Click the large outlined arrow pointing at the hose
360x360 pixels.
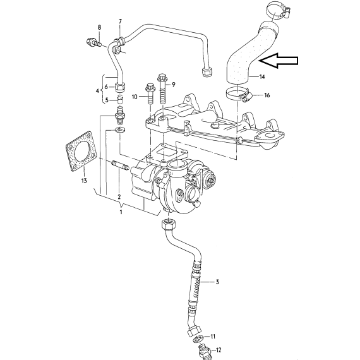click(x=279, y=61)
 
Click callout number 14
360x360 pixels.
click(x=262, y=76)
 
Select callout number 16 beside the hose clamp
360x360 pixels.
click(x=267, y=95)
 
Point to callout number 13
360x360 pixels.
click(x=84, y=181)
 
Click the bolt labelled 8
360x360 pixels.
click(x=94, y=42)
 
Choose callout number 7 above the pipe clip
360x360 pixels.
click(x=120, y=21)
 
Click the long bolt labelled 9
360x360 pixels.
click(x=162, y=90)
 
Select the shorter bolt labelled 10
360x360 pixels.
click(x=150, y=94)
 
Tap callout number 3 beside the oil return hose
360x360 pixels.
click(x=217, y=282)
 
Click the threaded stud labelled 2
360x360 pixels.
click(x=120, y=166)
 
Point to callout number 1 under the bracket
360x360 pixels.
click(x=121, y=212)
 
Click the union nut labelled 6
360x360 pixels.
click(x=120, y=87)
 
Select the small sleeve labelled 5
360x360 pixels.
click(x=120, y=100)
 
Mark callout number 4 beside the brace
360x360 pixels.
click(x=97, y=91)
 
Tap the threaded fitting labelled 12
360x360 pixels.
click(x=203, y=350)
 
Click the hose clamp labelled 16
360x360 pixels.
click(x=237, y=95)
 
